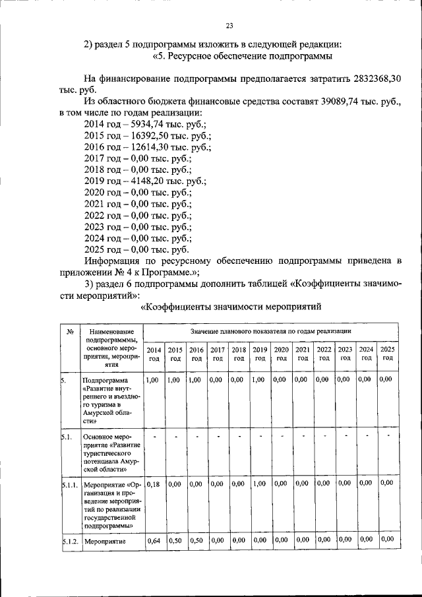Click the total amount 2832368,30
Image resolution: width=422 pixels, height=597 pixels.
379,79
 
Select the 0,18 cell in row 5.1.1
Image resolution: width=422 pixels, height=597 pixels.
154,484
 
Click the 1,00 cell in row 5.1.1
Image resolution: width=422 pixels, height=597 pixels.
260,484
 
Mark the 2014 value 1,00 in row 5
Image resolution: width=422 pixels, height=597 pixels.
154,380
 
